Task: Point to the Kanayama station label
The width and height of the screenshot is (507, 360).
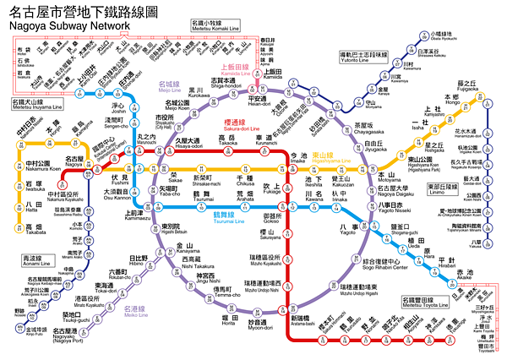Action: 187,248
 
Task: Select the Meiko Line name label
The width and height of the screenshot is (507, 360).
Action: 136,316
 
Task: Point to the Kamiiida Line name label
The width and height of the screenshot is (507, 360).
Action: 245,71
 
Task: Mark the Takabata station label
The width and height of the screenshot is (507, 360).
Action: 33,230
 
